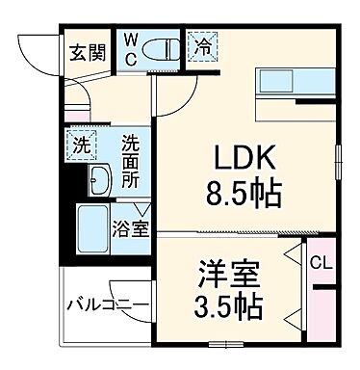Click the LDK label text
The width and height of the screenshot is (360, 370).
(x=240, y=158)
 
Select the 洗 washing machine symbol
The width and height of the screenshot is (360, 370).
(x=83, y=145)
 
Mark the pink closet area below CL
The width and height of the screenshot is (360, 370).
(x=321, y=313)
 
